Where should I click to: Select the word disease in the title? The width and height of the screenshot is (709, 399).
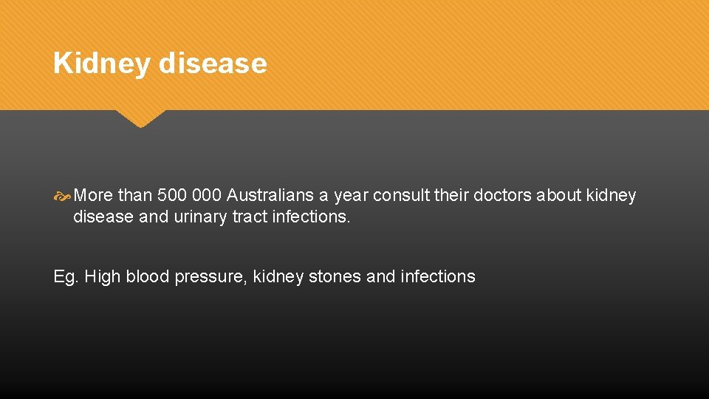click(x=213, y=64)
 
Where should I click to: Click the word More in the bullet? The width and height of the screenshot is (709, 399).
click(x=94, y=196)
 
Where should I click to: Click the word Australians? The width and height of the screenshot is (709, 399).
click(x=271, y=196)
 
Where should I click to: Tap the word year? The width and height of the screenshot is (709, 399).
click(x=351, y=197)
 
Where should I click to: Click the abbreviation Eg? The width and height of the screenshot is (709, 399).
click(x=65, y=277)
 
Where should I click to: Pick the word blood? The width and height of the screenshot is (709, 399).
click(x=148, y=277)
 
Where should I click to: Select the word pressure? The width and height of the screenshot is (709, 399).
click(x=210, y=278)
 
